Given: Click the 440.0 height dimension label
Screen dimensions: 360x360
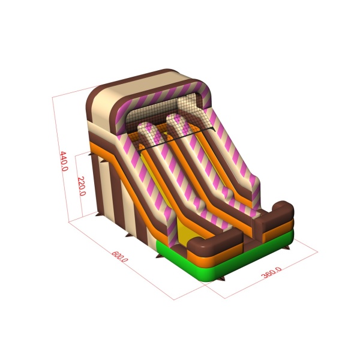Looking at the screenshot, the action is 64,161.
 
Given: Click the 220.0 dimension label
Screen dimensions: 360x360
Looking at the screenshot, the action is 82,186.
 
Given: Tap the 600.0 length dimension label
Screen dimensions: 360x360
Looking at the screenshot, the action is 119,257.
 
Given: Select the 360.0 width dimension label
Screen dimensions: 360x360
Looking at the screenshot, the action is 271,272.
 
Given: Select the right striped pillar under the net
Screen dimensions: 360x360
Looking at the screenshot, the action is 178,124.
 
